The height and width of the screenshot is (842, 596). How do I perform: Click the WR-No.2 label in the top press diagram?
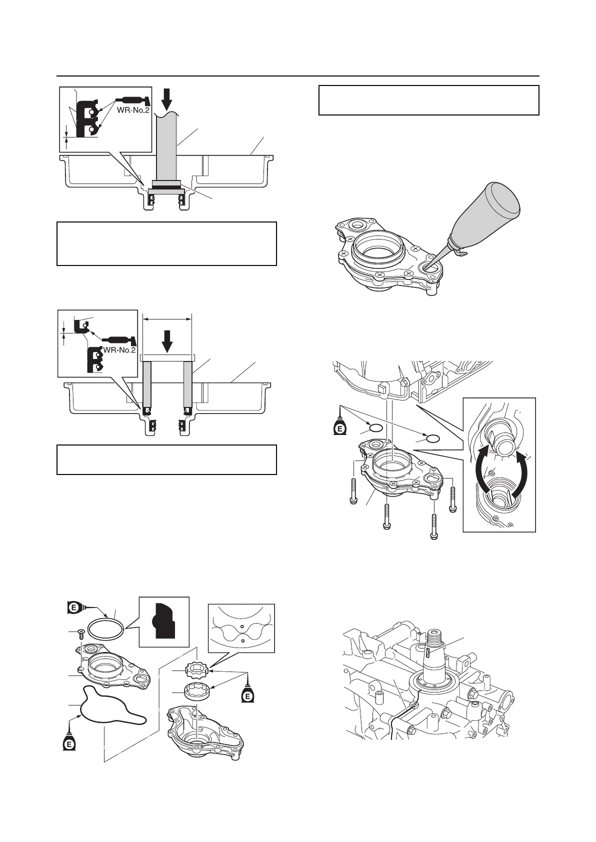133,110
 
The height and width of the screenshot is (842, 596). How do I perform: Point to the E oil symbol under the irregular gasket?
70,743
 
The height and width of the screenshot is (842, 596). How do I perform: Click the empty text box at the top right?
428,100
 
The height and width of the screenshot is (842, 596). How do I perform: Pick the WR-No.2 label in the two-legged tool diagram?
119,350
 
